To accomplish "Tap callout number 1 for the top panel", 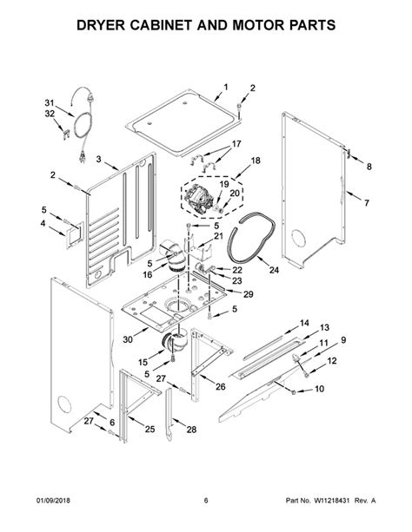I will click(x=225, y=87).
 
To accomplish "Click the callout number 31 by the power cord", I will click(x=49, y=103).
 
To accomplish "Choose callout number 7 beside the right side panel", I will click(x=367, y=203).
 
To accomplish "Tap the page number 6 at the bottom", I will click(x=206, y=500).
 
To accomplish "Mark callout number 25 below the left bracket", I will click(x=150, y=430).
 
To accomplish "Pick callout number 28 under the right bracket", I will click(x=190, y=430).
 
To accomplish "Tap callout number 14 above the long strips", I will click(x=304, y=322).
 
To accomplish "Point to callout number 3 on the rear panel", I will click(x=76, y=160).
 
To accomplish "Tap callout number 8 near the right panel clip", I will click(x=368, y=167).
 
